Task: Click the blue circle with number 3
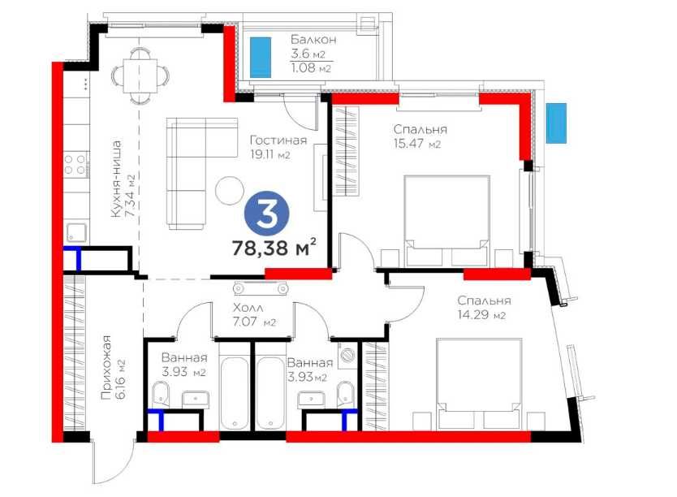267,214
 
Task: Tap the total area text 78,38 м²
274,248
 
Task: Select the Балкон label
313,40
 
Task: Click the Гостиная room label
278,140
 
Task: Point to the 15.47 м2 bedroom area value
417,144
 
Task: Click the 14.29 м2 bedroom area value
481,315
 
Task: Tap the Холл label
248,308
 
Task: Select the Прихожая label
106,367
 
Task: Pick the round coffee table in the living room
230,190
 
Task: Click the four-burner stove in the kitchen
75,165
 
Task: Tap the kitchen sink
76,233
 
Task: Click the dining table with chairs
140,76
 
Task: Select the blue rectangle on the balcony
261,57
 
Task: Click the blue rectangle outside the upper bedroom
556,123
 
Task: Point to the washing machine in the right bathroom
347,356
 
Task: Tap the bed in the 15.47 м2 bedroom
446,220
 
